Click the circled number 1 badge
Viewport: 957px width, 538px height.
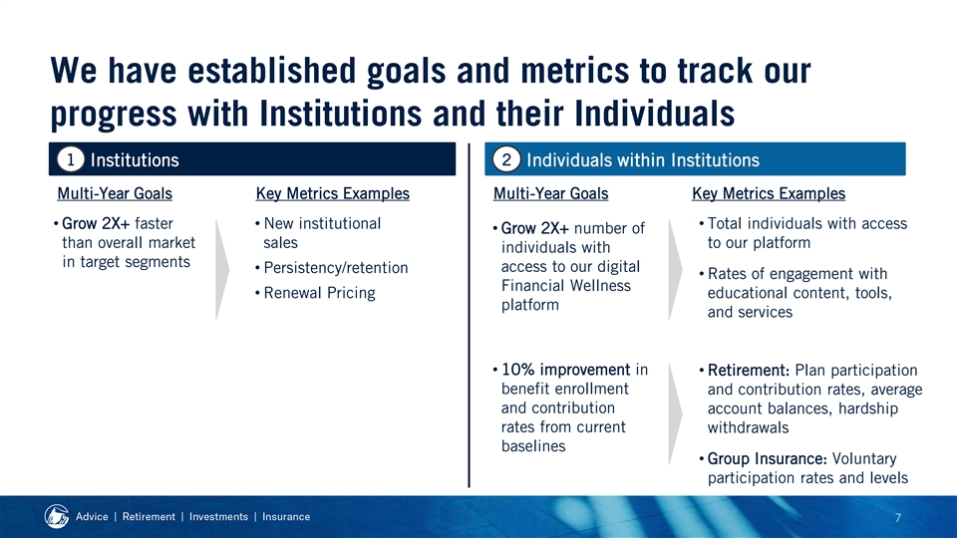(x=70, y=159)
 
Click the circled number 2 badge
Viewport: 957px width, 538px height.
(x=506, y=159)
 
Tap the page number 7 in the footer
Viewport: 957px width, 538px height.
(x=898, y=518)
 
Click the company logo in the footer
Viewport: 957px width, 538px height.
(x=57, y=517)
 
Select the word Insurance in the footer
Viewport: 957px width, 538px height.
(x=286, y=517)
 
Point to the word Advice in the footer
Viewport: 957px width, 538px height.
(x=92, y=517)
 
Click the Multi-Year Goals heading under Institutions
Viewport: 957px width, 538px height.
(x=115, y=193)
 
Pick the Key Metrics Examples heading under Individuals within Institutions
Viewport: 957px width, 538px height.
(x=769, y=193)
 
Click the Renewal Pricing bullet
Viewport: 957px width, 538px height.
(x=319, y=293)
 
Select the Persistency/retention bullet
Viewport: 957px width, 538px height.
(x=336, y=268)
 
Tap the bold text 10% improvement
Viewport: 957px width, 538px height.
(x=566, y=370)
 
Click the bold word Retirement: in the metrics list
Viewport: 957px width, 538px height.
(x=749, y=371)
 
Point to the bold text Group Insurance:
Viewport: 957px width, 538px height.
(x=768, y=458)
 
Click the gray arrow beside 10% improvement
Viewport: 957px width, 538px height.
(x=675, y=414)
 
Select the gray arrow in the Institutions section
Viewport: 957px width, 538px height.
(x=222, y=270)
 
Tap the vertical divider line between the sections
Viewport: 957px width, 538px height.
(x=469, y=316)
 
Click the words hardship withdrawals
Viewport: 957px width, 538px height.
(x=802, y=417)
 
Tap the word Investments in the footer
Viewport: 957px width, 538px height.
(x=218, y=517)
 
